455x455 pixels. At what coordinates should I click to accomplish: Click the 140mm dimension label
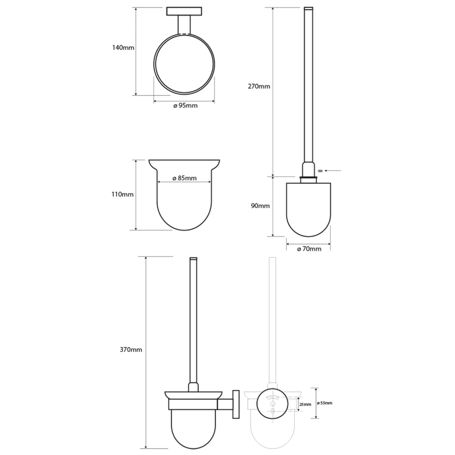(x=123, y=48)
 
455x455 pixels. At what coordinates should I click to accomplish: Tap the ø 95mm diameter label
(x=185, y=105)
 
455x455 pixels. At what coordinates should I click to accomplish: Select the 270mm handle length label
(x=259, y=86)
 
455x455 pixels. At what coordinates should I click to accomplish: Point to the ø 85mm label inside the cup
(x=184, y=178)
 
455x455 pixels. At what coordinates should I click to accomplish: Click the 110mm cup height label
(x=122, y=195)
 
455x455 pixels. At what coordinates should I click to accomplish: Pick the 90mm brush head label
(x=260, y=206)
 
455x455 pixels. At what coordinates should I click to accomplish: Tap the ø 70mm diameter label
(x=309, y=249)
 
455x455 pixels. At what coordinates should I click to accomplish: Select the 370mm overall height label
(x=131, y=350)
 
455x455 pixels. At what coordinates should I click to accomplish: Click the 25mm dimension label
(x=305, y=405)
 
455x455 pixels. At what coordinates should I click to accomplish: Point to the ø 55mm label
(x=325, y=403)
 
